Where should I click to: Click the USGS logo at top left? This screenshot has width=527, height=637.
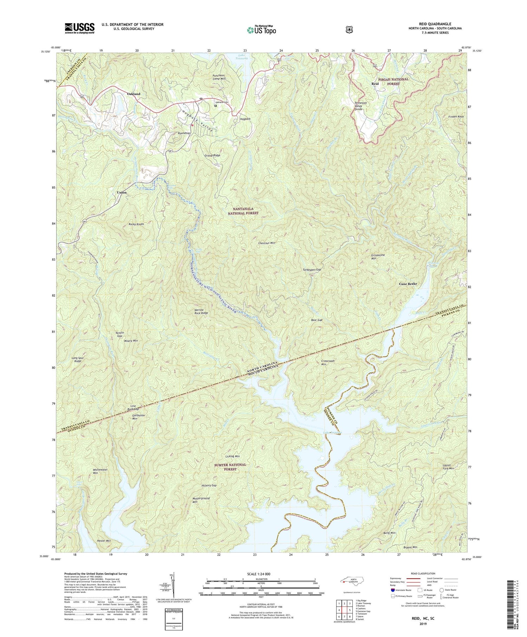coord(79,28)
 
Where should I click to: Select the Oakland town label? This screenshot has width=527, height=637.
coord(134,94)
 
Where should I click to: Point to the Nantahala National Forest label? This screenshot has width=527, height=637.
coord(243,211)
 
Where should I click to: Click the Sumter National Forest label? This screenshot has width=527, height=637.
coord(230,467)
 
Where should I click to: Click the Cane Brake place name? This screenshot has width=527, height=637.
coord(408,284)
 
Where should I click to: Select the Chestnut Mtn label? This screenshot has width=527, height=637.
coord(267,243)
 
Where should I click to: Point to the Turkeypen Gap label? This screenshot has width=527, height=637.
coord(312,270)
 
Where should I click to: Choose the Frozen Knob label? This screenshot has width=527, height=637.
coord(456,116)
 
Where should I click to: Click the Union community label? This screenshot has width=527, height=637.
coord(122,193)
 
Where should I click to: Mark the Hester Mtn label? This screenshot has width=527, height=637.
coord(104,541)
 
